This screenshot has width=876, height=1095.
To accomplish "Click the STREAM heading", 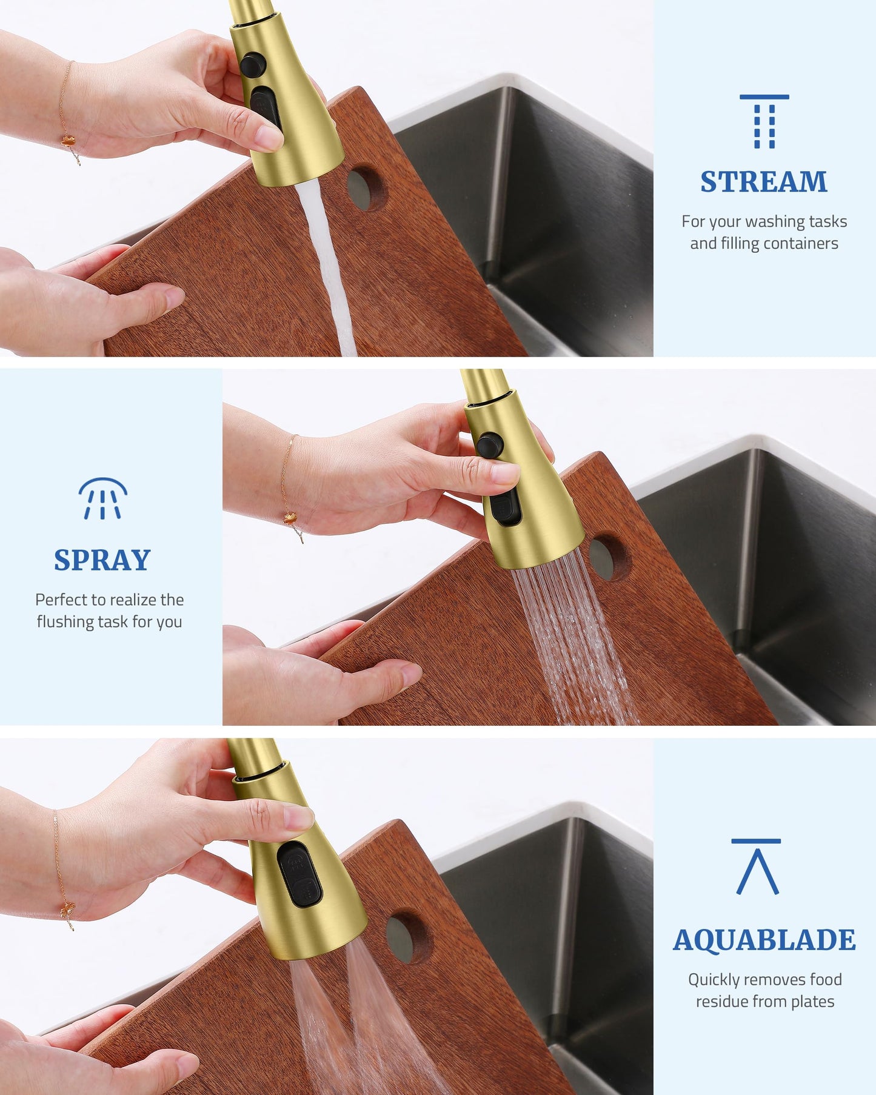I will point(763,182).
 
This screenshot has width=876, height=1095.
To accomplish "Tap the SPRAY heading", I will point(102,560).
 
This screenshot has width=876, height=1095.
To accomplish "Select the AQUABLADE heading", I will point(764,940).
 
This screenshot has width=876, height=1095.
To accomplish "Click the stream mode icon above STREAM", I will point(764,121).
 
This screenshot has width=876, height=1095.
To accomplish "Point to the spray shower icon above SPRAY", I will point(102,498).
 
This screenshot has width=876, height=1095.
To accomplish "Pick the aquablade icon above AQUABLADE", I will point(757,867).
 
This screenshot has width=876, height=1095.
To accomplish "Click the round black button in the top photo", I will point(253,64).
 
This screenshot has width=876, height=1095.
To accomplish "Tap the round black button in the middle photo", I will point(490,445).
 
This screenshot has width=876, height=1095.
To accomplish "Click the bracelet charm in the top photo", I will point(69,141).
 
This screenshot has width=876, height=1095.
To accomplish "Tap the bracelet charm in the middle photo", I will point(290,518).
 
